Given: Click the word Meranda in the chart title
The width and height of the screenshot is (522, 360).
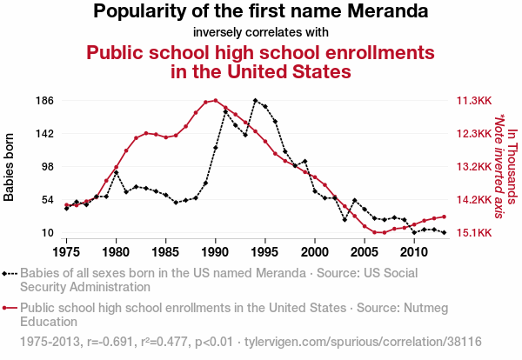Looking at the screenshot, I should [385, 12].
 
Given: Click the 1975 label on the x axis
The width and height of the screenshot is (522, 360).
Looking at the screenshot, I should [66, 251].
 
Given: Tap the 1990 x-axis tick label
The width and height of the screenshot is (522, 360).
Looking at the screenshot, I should [215, 251].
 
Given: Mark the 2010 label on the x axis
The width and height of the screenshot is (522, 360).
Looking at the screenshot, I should [413, 251].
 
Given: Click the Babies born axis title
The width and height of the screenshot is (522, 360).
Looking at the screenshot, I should [10, 167].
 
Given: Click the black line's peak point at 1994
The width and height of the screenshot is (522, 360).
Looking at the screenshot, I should [255, 101].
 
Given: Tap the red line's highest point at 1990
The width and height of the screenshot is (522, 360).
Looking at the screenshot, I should [216, 101].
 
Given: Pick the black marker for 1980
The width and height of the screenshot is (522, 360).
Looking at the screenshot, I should [116, 173].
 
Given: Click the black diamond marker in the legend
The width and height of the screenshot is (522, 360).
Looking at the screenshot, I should [10, 272].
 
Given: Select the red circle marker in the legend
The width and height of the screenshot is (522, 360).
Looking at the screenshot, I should [10, 307].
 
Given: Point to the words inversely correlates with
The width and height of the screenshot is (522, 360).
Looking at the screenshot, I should [260, 33].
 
